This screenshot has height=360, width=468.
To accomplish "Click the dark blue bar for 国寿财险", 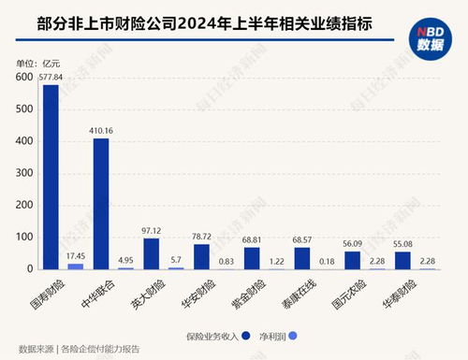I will pos(51,178).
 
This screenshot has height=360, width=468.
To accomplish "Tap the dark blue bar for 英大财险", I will pos(151,253).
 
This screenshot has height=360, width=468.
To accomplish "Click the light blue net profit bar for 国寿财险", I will pos(76,266).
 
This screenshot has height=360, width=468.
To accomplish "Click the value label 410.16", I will pos(100,130).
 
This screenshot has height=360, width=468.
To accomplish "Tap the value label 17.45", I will pos(76,255).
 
